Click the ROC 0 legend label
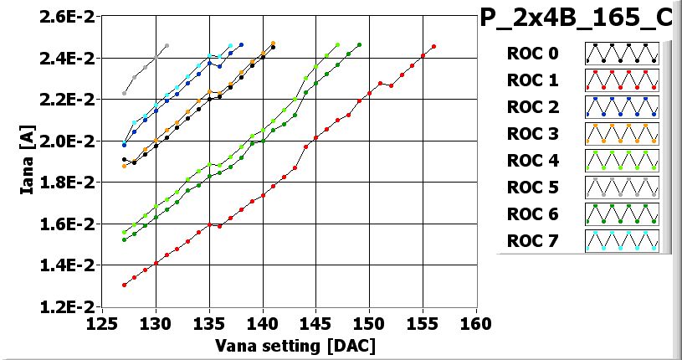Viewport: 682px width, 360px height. [531, 54]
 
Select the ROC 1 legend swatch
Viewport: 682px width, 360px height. [622, 80]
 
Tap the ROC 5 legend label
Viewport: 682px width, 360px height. [531, 188]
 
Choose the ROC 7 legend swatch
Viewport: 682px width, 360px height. [622, 241]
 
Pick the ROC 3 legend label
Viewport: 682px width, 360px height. [531, 134]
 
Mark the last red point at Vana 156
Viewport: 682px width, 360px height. [433, 46]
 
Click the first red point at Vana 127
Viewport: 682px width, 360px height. [124, 285]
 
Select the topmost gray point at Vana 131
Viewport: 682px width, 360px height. [167, 45]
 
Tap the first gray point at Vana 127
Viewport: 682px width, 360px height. [124, 93]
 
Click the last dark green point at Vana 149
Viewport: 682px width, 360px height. [359, 44]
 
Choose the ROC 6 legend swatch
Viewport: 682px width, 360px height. [622, 214]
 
